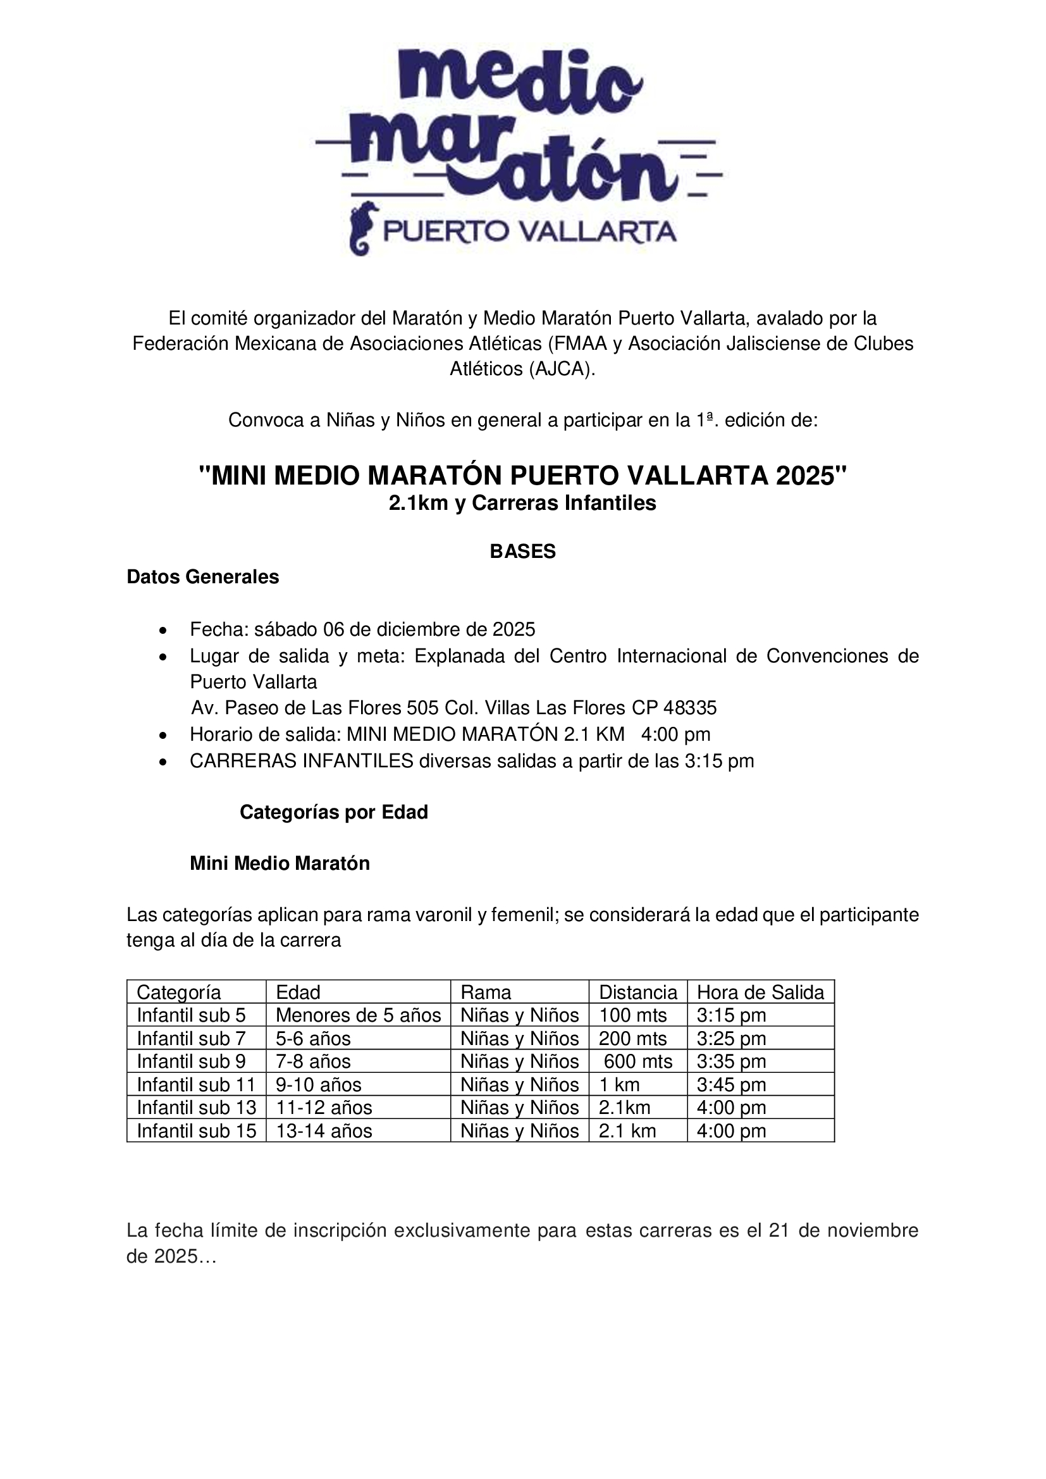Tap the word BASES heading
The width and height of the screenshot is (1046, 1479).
pos(522,552)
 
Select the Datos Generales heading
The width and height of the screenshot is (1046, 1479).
pos(203,576)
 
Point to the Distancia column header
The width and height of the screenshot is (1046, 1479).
pos(637,992)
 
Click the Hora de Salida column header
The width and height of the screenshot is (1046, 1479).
pos(760,992)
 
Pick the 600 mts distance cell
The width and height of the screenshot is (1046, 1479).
pos(637,1061)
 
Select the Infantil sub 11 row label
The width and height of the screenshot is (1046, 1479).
pos(197,1085)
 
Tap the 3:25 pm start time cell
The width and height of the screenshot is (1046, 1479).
pos(731,1038)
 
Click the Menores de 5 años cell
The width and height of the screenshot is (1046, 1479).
pos(358,1015)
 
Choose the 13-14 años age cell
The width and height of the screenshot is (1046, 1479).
pos(324,1131)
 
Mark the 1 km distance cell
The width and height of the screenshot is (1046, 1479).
pos(619,1085)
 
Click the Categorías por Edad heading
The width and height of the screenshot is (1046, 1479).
pos(334,812)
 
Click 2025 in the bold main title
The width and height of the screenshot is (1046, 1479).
pos(805,476)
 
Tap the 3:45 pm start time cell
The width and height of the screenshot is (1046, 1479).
pos(731,1085)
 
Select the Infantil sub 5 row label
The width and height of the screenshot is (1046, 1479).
pos(191,1015)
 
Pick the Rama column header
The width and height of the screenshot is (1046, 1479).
pos(486,992)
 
